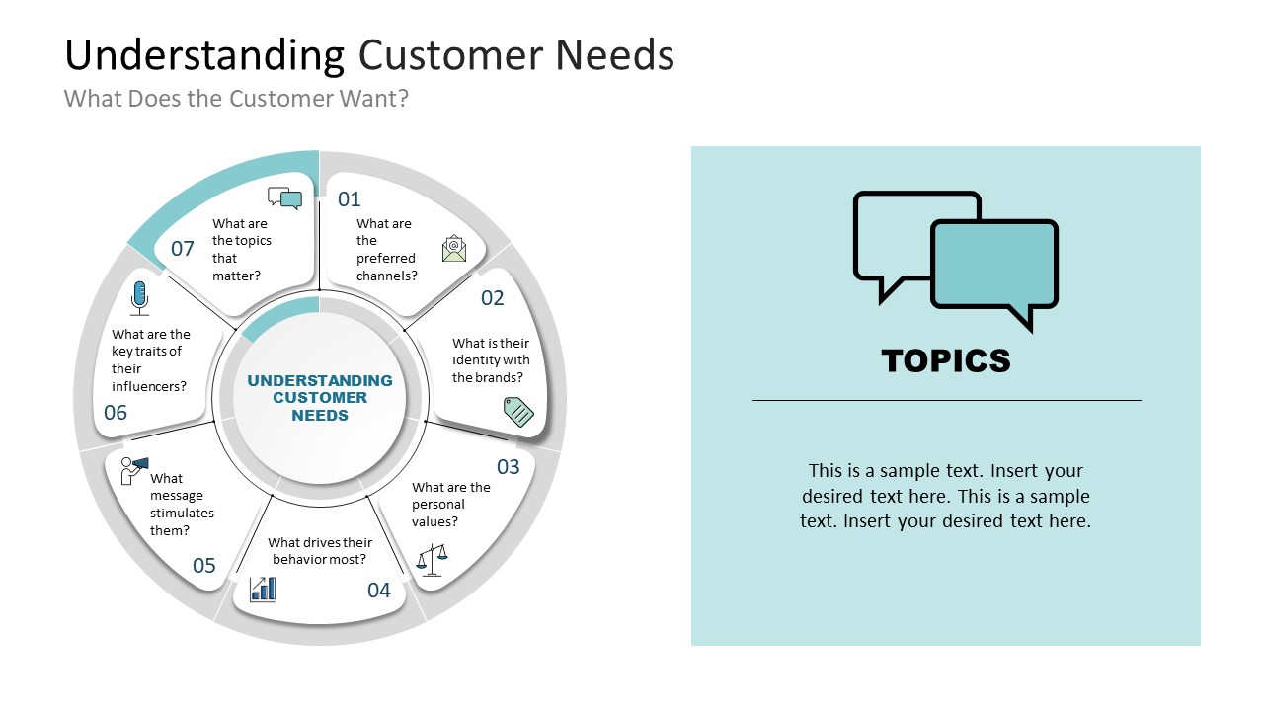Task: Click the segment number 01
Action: coord(350,199)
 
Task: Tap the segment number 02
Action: coord(492,298)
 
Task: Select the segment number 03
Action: coord(508,466)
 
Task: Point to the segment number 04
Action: coord(379,591)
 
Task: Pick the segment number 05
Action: coord(204,566)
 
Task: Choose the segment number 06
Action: coord(116,413)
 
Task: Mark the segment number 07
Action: coord(183,249)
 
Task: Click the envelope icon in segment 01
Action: coord(454,248)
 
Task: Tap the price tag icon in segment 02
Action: coord(518,411)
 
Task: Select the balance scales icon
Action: coord(433,560)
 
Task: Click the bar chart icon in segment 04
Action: coord(263,590)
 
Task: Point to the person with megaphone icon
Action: coord(133,469)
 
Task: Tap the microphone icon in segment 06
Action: coord(139,297)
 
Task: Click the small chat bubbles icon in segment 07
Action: coord(284,198)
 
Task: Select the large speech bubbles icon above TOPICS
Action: coord(955,260)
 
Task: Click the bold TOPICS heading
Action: coord(946,360)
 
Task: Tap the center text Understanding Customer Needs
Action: coord(320,398)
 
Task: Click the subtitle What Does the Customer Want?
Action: coord(236,99)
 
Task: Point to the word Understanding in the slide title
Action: coord(204,55)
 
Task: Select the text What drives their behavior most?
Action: coord(320,551)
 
